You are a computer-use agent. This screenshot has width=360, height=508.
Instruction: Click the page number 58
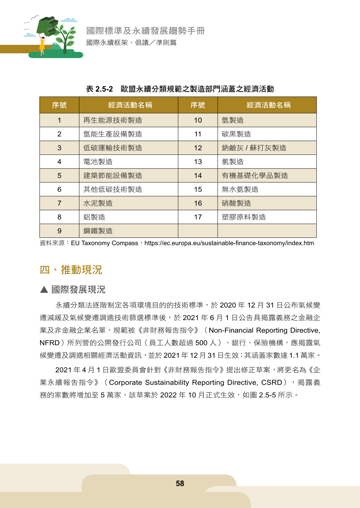coord(180,484)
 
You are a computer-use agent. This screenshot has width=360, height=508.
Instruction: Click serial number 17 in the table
coord(198,217)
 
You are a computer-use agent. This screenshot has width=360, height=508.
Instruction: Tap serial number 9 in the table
coord(59,231)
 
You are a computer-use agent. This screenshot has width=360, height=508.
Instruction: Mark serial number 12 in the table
coord(198,148)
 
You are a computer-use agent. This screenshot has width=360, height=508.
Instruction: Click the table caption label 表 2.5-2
coord(99,89)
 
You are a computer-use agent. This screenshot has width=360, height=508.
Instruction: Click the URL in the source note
coord(229,243)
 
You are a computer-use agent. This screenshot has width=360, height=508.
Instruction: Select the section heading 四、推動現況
coord(71,270)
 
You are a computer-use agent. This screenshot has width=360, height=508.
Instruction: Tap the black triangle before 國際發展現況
coord(44,289)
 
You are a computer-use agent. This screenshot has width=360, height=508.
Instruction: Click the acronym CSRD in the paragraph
coord(271,382)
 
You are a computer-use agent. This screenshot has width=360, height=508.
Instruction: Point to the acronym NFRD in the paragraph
coord(50,343)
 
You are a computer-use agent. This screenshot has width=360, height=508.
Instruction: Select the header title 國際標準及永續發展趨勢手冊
coord(145,31)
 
